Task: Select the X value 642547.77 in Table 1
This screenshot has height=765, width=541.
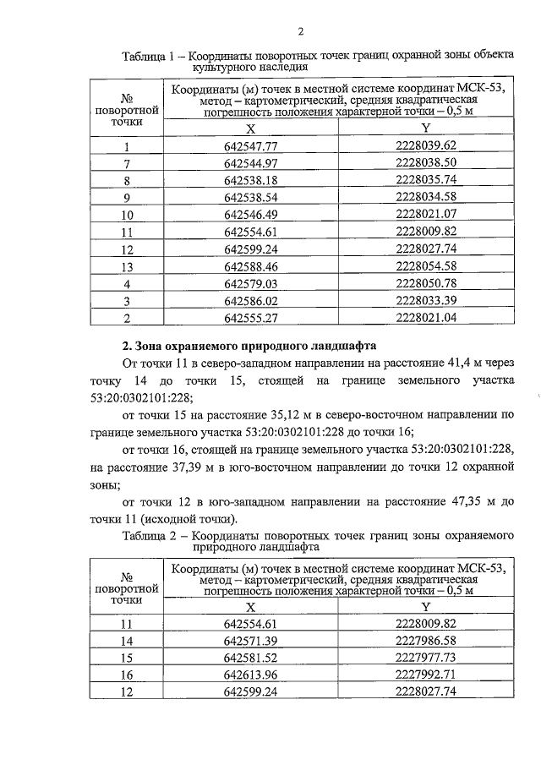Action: (x=251, y=145)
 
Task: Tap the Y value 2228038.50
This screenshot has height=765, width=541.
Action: (x=426, y=162)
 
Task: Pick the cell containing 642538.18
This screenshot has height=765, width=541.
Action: (x=251, y=180)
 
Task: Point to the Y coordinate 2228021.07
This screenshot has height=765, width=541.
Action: (x=426, y=214)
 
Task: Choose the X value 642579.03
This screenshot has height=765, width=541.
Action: (x=251, y=283)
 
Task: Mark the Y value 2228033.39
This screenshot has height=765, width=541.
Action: (x=426, y=300)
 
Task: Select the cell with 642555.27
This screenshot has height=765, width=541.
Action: (x=251, y=318)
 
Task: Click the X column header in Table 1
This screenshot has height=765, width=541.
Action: (x=250, y=128)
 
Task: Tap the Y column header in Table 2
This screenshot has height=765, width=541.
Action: (x=426, y=607)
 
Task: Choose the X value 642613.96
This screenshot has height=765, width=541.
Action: (x=251, y=675)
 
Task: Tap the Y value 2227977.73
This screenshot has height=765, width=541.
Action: (x=426, y=658)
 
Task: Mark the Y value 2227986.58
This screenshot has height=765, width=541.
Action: (x=426, y=641)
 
